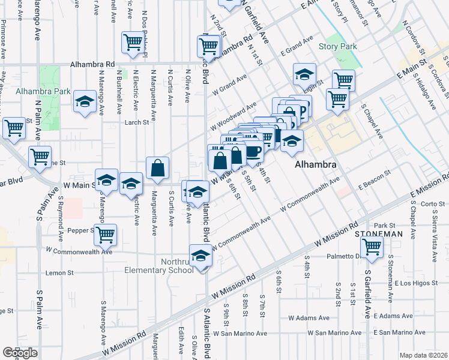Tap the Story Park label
coord(338,46)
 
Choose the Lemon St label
coord(60,272)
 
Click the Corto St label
coord(432,204)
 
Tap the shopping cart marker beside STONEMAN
coord(372,246)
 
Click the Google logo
coord(20,353)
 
